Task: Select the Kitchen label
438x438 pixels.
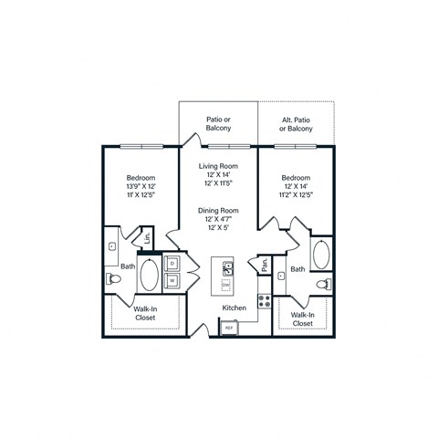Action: click(x=235, y=308)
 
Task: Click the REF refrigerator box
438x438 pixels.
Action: click(x=230, y=327)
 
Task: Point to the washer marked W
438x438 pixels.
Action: click(x=172, y=280)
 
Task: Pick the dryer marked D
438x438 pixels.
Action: click(x=172, y=263)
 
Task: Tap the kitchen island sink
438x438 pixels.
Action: click(x=226, y=268)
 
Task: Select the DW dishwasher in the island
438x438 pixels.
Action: click(x=226, y=284)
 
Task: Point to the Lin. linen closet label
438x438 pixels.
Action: click(x=147, y=241)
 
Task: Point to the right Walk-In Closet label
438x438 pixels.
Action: click(x=303, y=318)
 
